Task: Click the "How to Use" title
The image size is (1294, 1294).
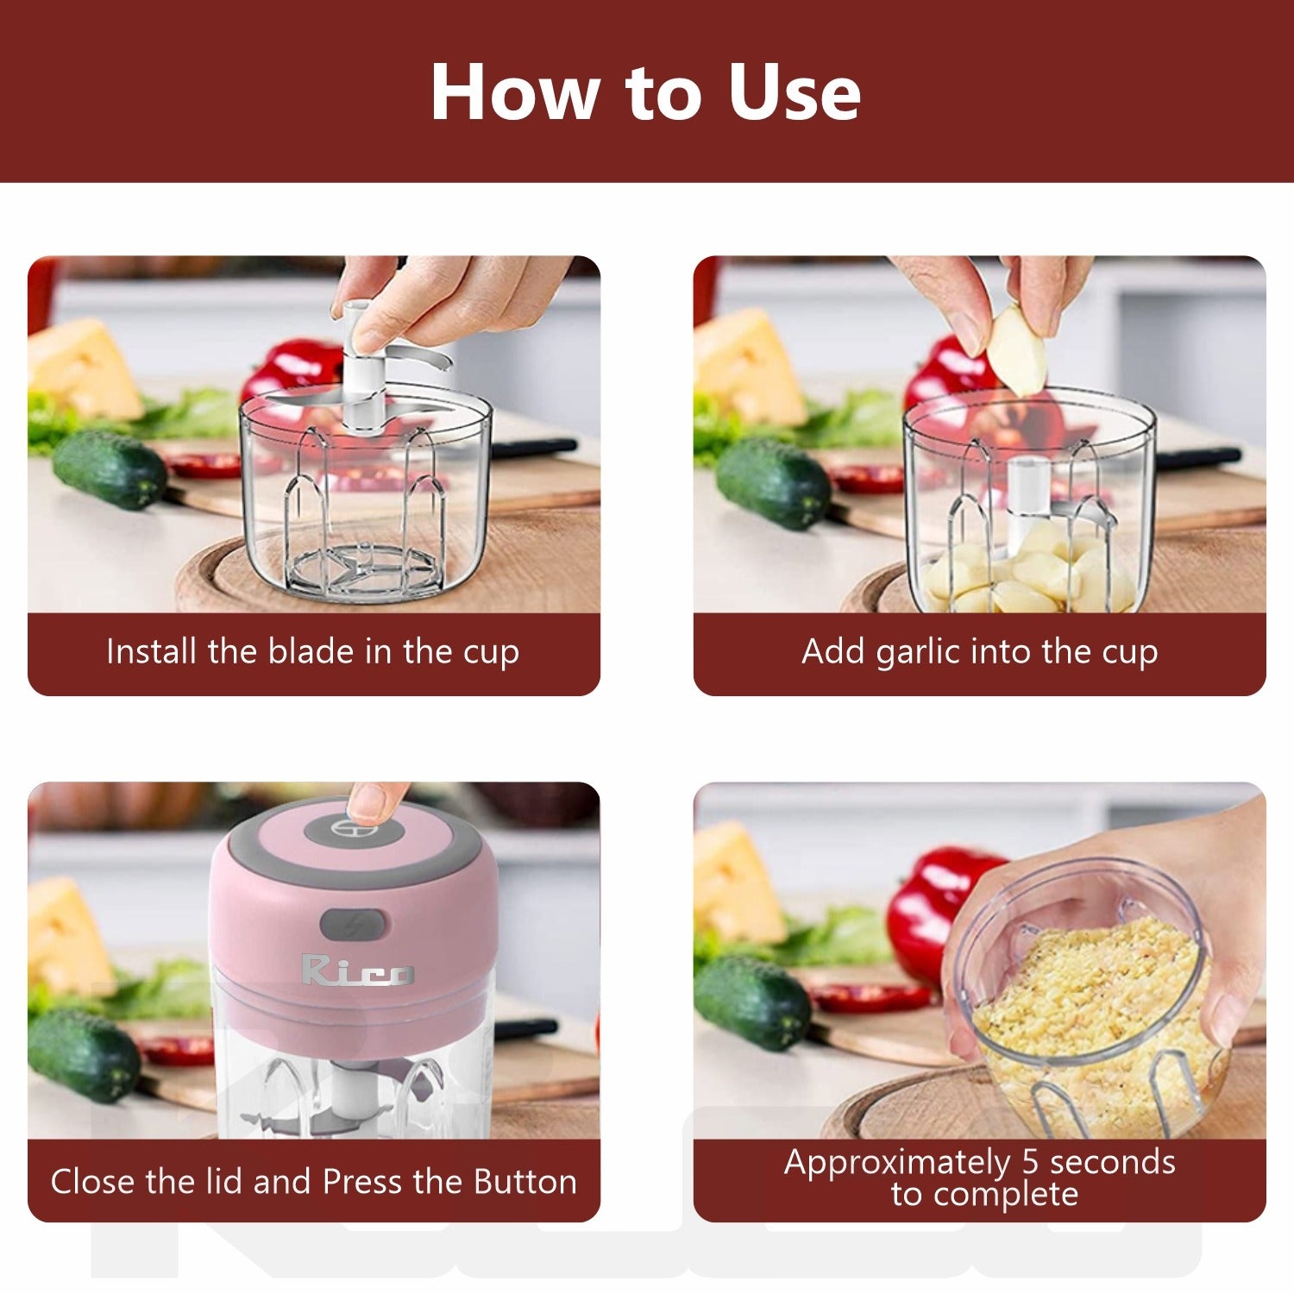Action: tap(645, 92)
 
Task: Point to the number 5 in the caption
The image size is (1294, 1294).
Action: tap(1030, 1162)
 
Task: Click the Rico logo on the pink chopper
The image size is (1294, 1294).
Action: tap(357, 970)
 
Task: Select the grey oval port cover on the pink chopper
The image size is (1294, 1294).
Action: tap(353, 925)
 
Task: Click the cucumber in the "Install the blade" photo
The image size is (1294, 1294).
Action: tap(110, 470)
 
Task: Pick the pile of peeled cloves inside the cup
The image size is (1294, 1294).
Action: tap(1027, 574)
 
